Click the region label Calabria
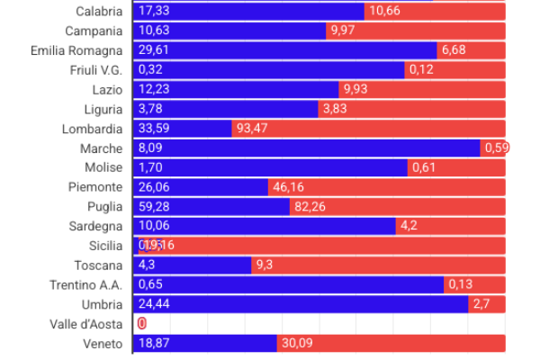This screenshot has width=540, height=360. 99,11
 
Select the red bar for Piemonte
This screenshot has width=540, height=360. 387,187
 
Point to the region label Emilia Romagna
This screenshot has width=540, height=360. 76,50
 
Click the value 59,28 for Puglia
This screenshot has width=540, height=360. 155,207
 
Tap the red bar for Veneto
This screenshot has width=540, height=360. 391,343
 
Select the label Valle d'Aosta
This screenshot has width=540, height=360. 87,323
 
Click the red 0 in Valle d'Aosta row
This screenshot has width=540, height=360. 141,323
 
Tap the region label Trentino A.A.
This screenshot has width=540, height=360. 85,284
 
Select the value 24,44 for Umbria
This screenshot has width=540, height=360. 155,304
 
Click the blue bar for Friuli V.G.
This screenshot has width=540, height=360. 270,70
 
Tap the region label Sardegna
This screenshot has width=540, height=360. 95,226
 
